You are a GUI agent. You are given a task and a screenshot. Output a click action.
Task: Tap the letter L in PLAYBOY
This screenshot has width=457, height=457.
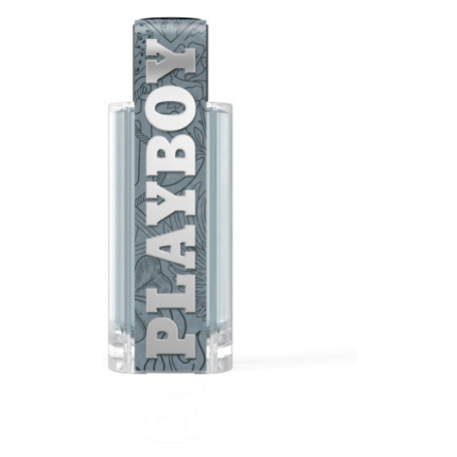[x=172, y=295]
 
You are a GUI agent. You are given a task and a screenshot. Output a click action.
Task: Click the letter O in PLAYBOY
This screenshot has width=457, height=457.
[x=172, y=111]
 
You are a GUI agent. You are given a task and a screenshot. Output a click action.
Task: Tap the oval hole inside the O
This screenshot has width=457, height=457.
[x=171, y=111]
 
